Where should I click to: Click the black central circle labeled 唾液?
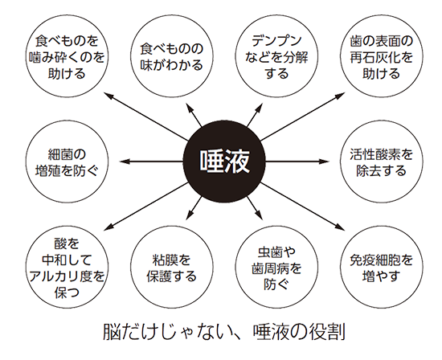[224, 162]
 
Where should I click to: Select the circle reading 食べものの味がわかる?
[172, 56]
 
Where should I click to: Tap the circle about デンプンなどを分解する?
[276, 56]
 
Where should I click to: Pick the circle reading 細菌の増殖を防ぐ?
[67, 162]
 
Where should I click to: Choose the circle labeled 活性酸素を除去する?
[382, 162]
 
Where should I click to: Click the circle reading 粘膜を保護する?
[172, 267]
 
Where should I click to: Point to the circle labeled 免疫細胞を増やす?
[382, 267]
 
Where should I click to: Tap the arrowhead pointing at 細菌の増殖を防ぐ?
[124, 162]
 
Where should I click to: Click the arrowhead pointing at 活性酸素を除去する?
[324, 162]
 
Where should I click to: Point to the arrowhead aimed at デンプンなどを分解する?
[259, 108]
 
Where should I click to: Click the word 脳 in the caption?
[110, 333]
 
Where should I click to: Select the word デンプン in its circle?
[276, 41]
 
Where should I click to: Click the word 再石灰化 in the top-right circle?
[374, 58]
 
